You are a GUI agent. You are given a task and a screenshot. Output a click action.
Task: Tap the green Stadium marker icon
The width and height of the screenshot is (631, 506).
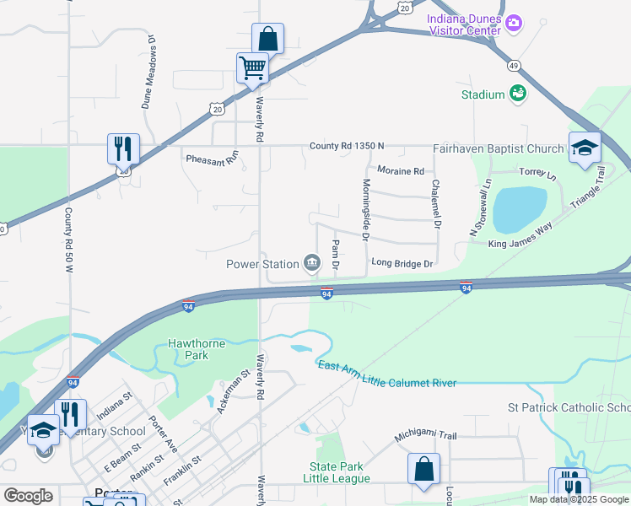[x=518, y=94]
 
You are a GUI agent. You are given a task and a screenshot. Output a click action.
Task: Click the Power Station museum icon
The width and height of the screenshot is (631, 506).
[x=311, y=263]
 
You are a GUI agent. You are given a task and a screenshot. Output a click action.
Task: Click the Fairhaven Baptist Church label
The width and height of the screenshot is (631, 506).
[x=498, y=148]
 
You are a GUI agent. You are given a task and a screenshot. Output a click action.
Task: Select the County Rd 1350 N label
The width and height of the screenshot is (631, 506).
[x=347, y=146]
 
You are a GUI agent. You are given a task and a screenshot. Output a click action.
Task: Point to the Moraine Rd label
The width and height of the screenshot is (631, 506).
[x=400, y=171]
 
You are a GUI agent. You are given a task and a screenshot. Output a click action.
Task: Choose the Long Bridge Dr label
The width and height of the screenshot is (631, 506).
[x=402, y=264]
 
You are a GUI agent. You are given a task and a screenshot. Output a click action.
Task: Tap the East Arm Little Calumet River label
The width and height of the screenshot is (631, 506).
[x=386, y=374]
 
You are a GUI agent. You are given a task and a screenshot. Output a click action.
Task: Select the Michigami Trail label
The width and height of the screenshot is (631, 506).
[x=426, y=437]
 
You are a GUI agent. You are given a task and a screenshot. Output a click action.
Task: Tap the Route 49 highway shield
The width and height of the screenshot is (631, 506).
[x=513, y=65]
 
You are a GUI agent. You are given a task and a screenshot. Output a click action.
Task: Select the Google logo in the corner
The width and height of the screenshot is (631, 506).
[x=29, y=496]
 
